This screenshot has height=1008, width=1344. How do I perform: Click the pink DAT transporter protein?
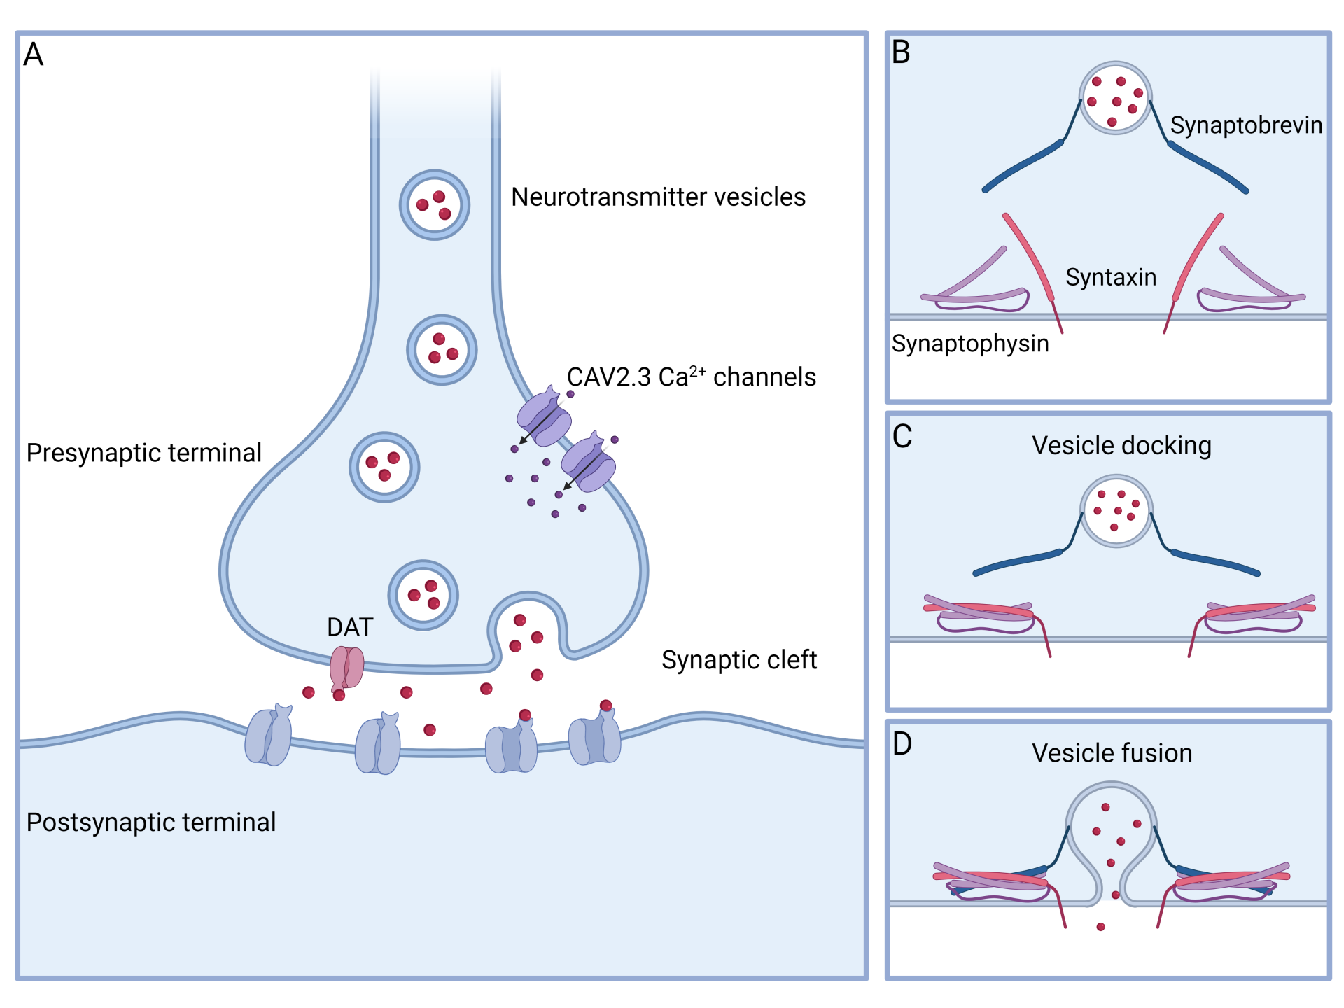tap(346, 667)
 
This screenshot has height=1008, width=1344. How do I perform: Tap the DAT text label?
tap(350, 627)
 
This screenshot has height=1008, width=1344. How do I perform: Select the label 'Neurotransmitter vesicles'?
tap(658, 197)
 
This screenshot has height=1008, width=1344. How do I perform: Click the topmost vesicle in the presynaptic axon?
tap(435, 205)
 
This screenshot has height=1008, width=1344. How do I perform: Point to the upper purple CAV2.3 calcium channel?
tap(544, 419)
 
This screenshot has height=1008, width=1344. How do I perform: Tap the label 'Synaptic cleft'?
tap(738, 660)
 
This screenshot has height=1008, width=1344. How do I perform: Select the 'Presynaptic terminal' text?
tap(143, 453)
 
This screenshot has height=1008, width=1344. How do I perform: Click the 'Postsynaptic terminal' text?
tap(150, 822)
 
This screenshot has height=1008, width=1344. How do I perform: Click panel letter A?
tap(34, 55)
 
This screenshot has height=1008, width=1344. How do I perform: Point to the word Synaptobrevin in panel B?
tap(1246, 125)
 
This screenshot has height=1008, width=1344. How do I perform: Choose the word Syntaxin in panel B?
tap(1111, 278)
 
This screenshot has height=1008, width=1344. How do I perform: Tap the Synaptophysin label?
tap(970, 344)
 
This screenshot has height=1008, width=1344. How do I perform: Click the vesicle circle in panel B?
tap(1115, 99)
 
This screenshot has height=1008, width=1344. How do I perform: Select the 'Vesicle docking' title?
tap(1121, 446)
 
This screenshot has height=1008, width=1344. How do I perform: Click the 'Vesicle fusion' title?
tap(1112, 754)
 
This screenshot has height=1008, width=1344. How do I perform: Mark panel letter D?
tap(902, 744)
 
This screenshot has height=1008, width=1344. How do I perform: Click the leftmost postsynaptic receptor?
tap(269, 736)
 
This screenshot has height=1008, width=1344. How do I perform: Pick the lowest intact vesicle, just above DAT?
tap(423, 595)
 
